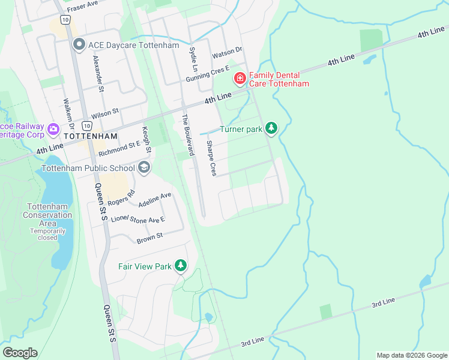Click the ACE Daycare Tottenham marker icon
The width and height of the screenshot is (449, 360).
pos(78,45)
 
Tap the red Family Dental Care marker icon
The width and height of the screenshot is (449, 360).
pos(240,78)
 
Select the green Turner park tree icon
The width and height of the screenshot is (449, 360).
pos(271,128)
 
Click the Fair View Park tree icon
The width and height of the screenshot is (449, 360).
pos(180,266)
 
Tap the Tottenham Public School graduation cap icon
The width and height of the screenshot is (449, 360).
pos(143,167)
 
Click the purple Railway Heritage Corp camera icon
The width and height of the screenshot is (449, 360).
pos(53,129)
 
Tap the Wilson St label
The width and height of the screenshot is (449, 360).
pos(105,113)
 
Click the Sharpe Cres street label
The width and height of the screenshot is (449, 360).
pos(211,158)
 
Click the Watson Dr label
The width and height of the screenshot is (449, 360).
pos(226,53)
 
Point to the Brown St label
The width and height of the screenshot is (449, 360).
pos(149,238)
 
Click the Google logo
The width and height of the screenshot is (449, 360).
pos(20,353)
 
